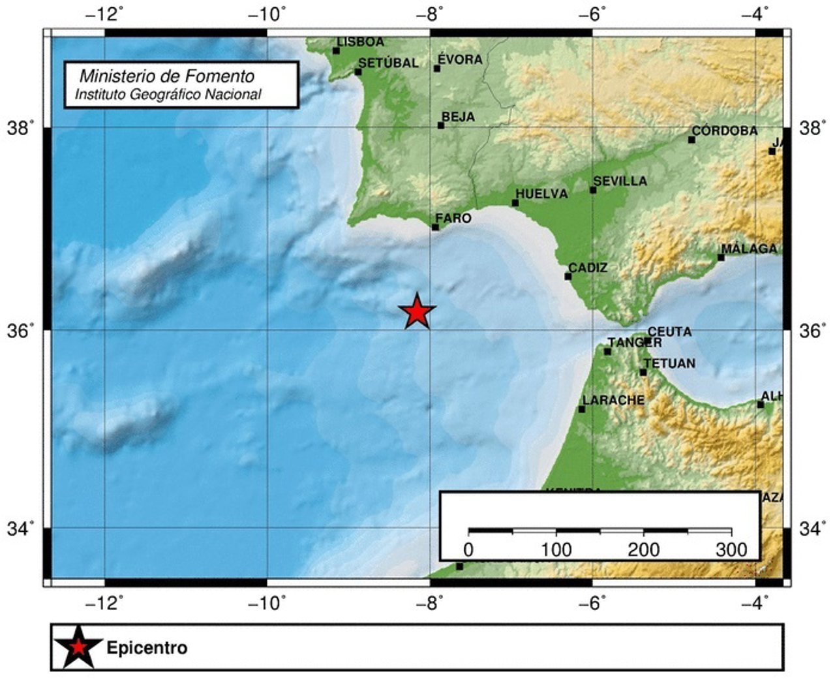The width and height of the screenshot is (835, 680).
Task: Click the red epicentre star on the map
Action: tap(417, 312)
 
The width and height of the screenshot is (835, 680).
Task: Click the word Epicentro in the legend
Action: tap(147, 648)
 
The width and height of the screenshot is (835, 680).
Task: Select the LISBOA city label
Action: tap(361, 42)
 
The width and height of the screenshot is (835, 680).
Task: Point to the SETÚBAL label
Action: tap(389, 63)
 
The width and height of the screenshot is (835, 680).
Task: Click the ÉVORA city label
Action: tap(460, 59)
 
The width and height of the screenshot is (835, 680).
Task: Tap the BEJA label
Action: tap(459, 117)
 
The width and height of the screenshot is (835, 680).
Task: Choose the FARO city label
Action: tap(453, 218)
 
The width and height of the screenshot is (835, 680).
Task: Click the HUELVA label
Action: tap(541, 194)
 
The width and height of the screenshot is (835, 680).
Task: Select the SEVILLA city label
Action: tap(620, 181)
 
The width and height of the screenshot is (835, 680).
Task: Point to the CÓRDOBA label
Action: tap(725, 131)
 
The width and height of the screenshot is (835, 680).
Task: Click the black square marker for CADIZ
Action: tap(568, 277)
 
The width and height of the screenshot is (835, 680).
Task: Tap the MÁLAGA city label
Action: tap(750, 249)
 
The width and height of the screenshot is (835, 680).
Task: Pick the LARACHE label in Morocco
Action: tap(613, 400)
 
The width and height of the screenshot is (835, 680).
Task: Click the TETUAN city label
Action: tap(669, 363)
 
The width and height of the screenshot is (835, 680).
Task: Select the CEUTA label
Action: tap(669, 332)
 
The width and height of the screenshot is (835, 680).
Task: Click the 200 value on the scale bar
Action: tap(644, 549)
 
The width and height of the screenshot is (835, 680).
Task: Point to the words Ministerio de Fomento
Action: tap(167, 76)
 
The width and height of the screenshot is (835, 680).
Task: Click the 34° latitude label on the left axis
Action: tap(21, 529)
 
